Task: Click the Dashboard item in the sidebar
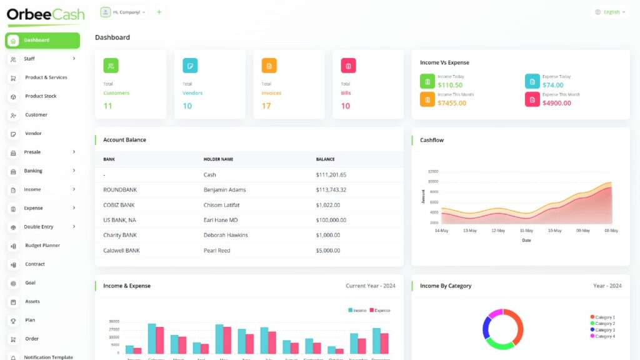tap(42, 41)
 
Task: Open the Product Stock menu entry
tap(41, 96)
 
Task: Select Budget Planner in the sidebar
tap(42, 246)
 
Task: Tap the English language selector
tap(610, 12)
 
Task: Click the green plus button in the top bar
tap(159, 12)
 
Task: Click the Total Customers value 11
tap(107, 106)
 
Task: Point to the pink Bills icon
tap(348, 66)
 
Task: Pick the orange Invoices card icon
tap(269, 66)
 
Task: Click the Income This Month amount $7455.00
tap(452, 103)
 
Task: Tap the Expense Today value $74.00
tap(552, 85)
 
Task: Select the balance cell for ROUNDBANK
tap(331, 190)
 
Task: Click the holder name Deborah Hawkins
tap(226, 236)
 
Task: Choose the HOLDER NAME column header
tap(218, 159)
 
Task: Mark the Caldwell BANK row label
tap(121, 251)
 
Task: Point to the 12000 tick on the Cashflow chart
tap(432, 171)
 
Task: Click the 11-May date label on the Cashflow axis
tap(526, 231)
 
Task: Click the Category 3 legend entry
tap(603, 330)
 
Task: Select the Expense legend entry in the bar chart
tap(379, 311)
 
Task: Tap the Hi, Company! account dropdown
tap(124, 12)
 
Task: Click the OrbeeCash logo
tap(46, 15)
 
